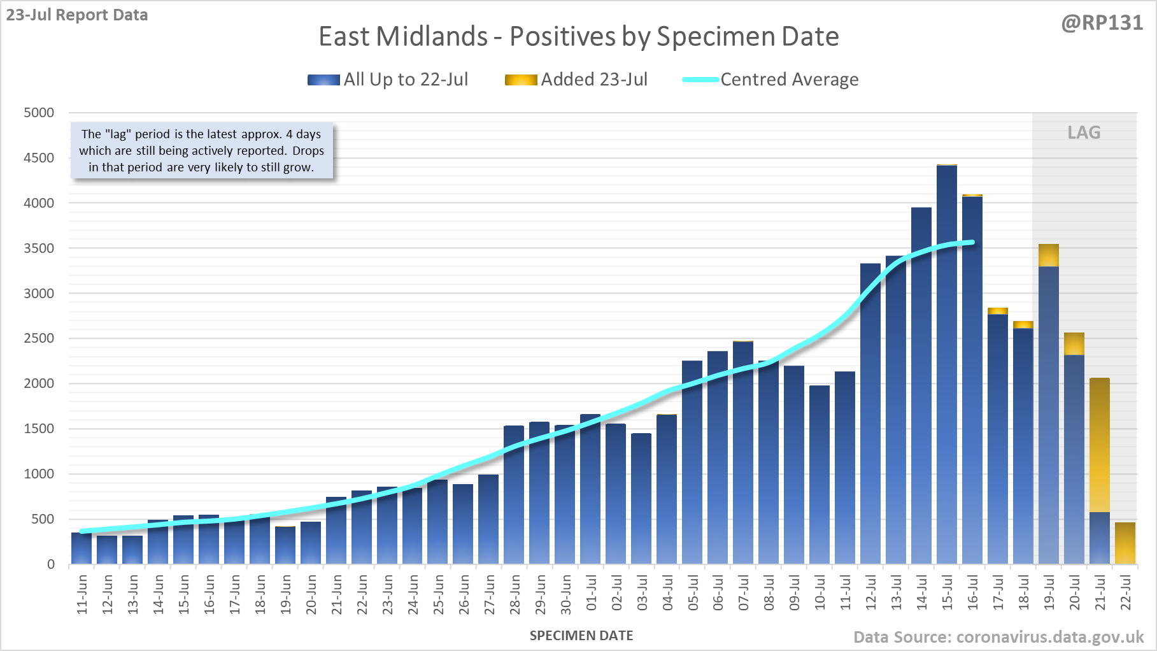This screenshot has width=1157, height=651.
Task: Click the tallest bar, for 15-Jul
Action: (947, 363)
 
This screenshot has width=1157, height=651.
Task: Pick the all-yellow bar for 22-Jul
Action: (1125, 543)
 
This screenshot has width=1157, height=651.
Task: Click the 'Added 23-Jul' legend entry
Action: (576, 80)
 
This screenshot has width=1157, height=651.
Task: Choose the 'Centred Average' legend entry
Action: (770, 80)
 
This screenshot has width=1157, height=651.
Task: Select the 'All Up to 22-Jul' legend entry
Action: (388, 80)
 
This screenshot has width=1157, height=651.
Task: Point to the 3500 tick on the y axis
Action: (39, 248)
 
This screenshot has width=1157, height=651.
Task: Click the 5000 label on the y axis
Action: (39, 113)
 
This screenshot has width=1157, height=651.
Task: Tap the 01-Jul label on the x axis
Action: (592, 594)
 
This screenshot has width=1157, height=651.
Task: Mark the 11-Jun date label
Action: (82, 594)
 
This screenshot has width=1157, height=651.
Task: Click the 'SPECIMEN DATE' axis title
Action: (581, 636)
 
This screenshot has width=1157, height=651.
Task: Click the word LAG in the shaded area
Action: (1084, 132)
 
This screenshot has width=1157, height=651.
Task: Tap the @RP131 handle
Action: (1102, 23)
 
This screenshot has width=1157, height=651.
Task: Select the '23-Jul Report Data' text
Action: (77, 15)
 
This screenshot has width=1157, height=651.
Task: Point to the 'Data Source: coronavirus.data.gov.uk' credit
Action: (998, 637)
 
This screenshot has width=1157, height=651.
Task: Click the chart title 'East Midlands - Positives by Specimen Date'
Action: (578, 36)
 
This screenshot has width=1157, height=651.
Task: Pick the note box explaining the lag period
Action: (202, 151)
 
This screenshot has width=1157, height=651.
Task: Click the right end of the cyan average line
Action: (972, 242)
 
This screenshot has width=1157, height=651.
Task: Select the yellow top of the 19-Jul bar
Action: (1049, 255)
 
